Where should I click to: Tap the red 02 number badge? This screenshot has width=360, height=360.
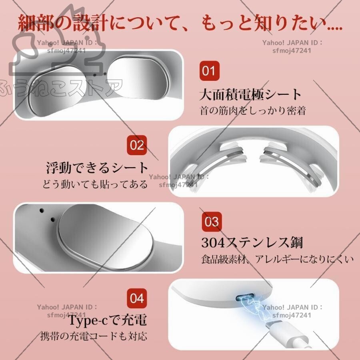click(x=137, y=145)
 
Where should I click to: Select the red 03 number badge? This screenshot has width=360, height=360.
click(x=212, y=221)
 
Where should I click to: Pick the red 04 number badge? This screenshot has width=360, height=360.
click(x=137, y=298)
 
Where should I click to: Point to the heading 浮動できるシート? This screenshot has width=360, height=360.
click(x=97, y=168)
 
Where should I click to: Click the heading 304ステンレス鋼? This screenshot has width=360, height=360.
click(x=252, y=242)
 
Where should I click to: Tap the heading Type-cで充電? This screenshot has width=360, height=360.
click(x=107, y=320)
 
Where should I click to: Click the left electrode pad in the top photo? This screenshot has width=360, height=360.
click(x=60, y=89)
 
